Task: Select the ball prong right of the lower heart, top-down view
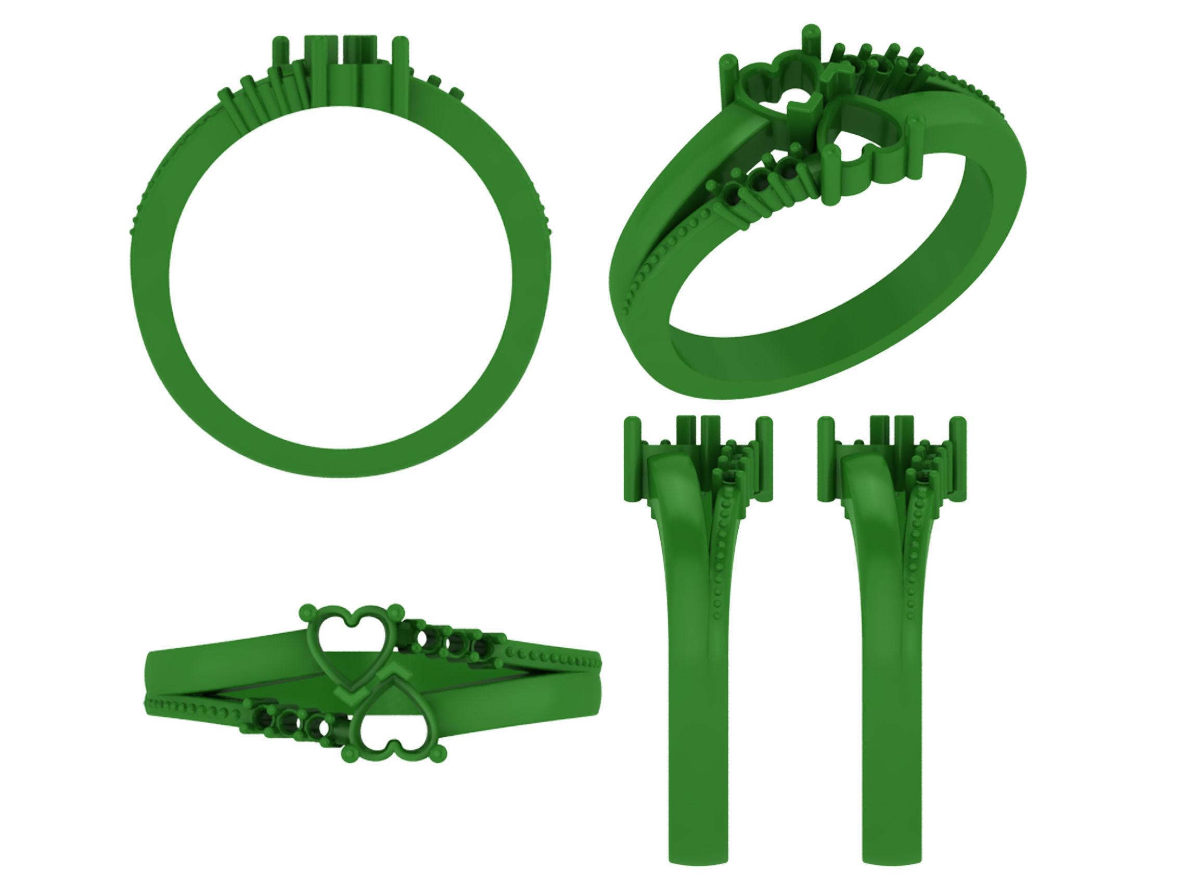[x=439, y=753]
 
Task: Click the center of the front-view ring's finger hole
[x=340, y=277]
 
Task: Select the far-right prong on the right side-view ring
[x=958, y=459]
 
